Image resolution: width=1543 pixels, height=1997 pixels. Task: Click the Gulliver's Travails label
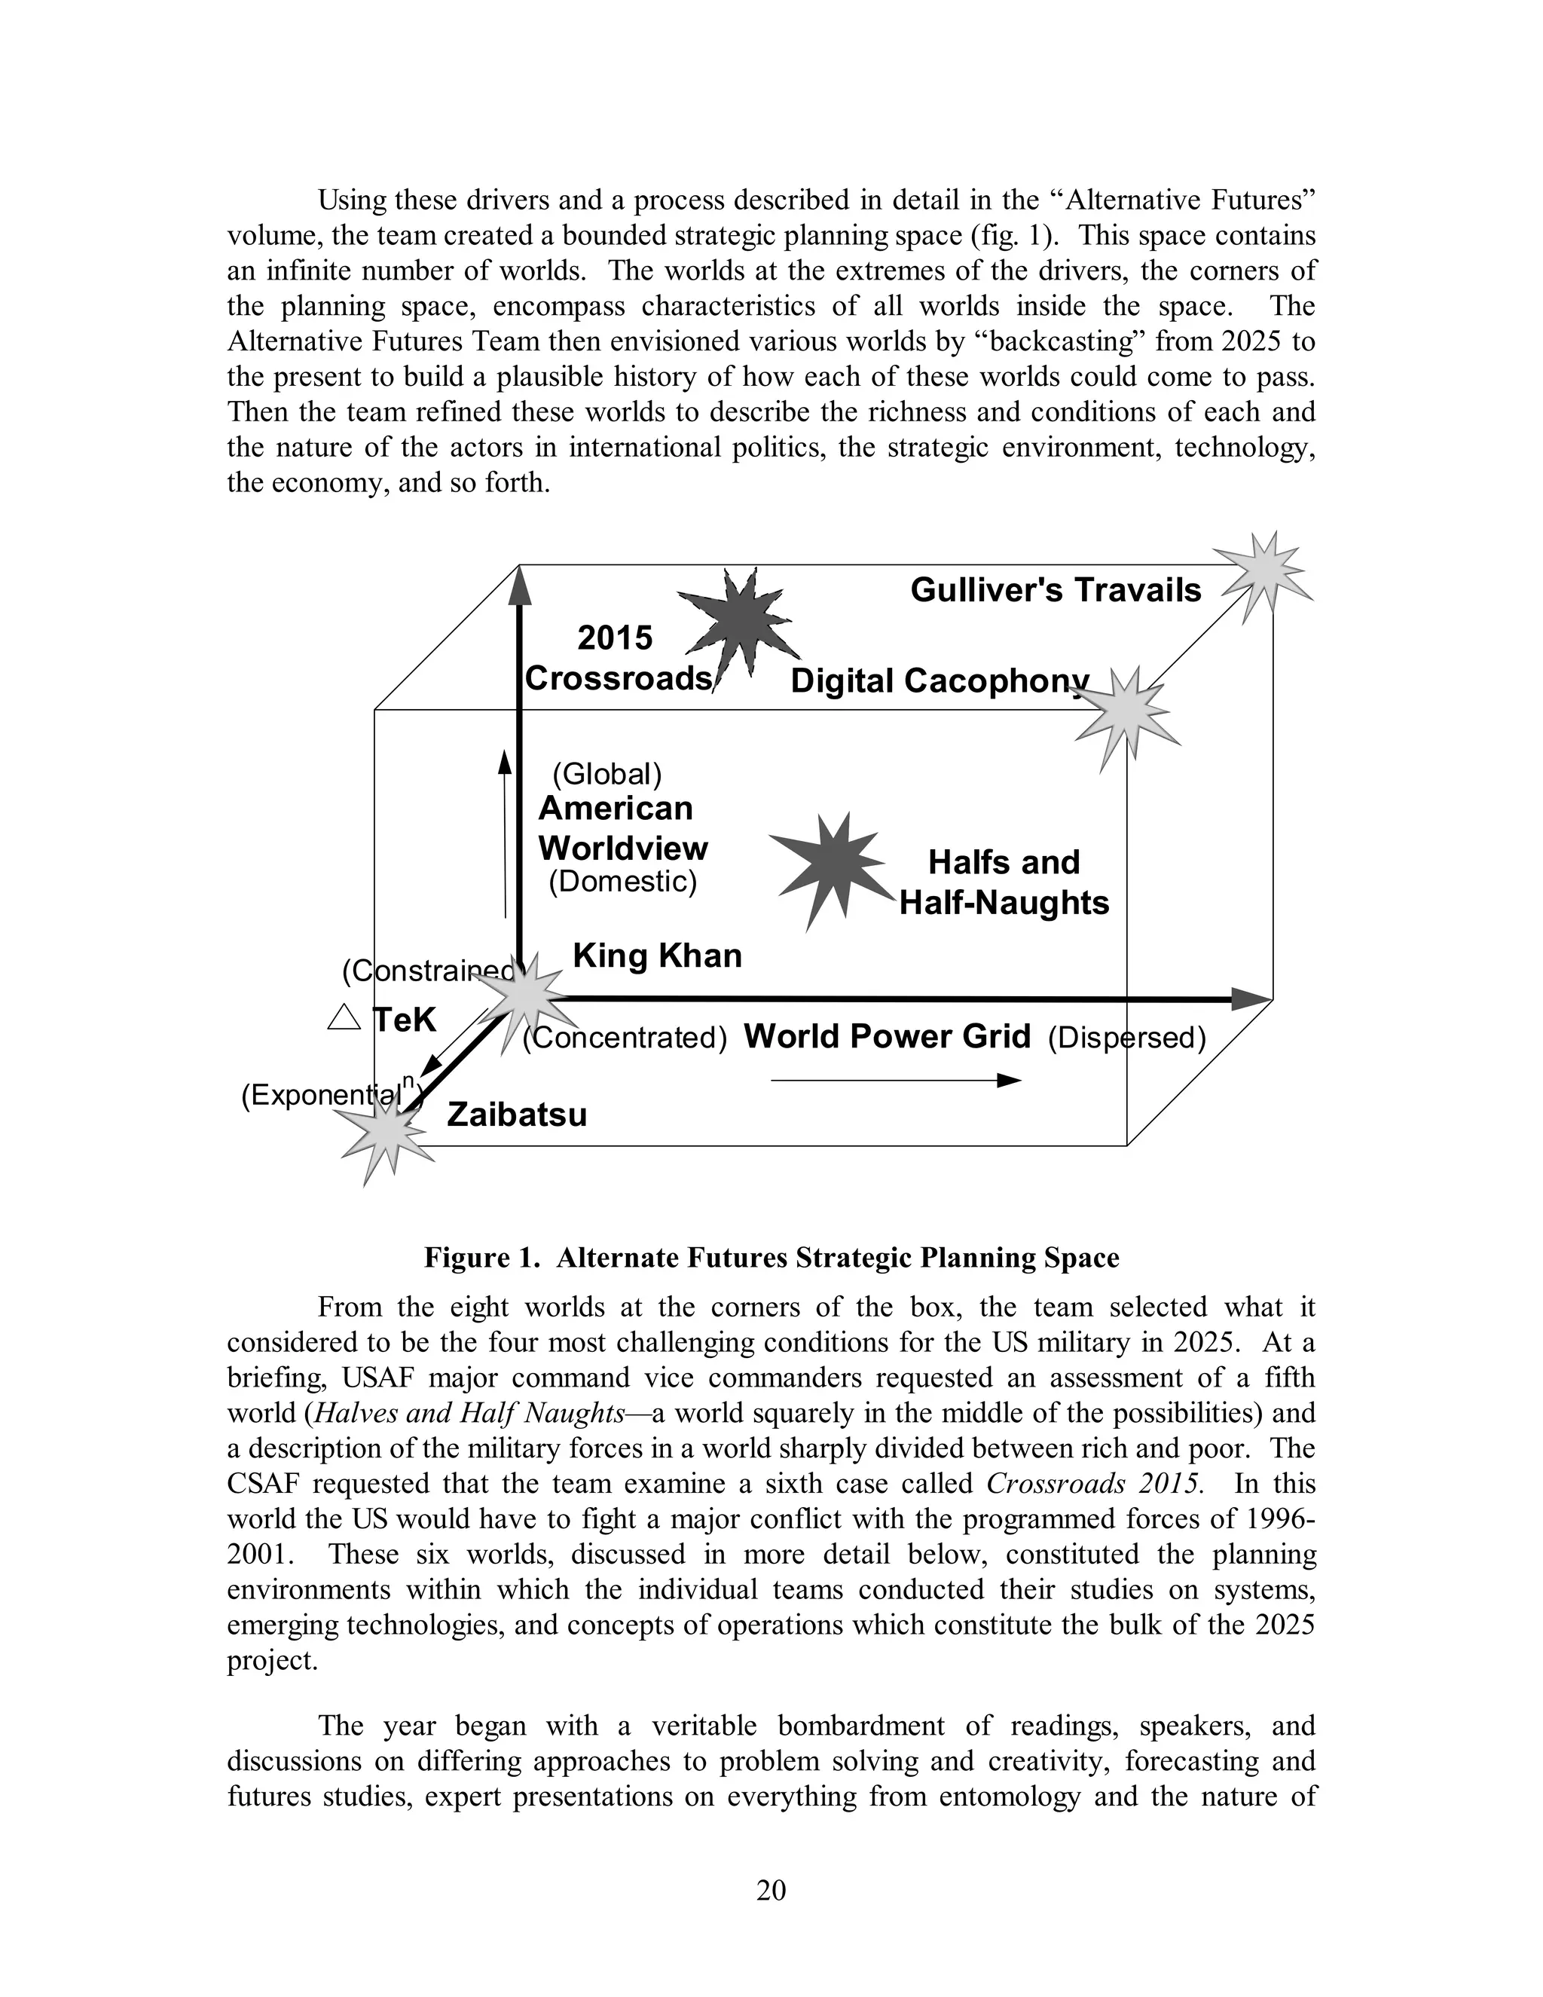tap(1055, 590)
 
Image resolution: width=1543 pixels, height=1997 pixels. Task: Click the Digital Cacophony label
tap(939, 680)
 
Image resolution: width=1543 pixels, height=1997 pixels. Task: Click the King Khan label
tap(657, 956)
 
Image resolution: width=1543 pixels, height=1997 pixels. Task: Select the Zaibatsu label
tap(516, 1115)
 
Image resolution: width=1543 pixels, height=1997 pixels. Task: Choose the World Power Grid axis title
tap(887, 1036)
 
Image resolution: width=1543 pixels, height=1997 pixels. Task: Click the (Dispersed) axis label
tap(1126, 1038)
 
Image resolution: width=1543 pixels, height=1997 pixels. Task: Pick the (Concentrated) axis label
tap(625, 1038)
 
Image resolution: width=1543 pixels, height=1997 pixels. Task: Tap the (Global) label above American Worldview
tap(607, 775)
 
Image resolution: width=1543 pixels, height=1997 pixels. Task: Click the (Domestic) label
tap(622, 882)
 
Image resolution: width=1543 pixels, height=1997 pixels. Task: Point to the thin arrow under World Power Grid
tap(895, 1081)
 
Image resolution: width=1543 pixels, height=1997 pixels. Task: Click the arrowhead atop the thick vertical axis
tap(519, 586)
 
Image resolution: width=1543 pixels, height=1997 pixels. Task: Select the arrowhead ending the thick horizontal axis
tap(1251, 998)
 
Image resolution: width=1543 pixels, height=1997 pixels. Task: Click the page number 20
tap(771, 1890)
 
